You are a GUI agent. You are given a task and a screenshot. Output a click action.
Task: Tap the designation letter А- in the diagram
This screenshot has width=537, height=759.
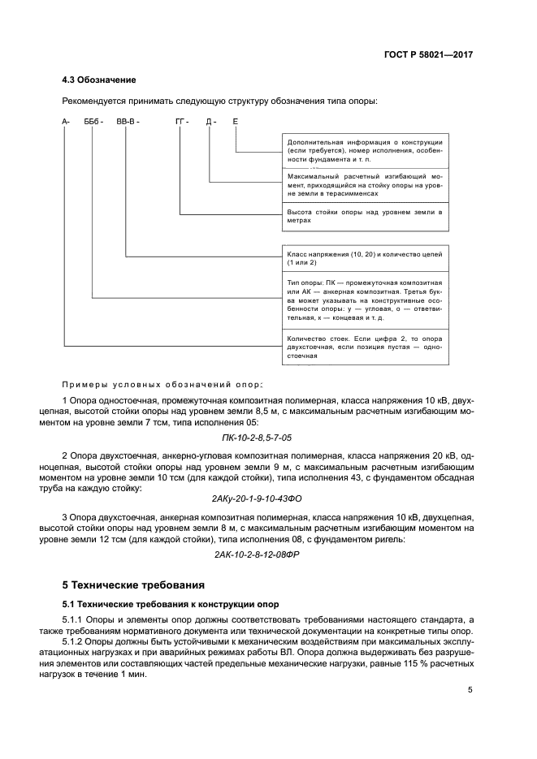[x=66, y=122]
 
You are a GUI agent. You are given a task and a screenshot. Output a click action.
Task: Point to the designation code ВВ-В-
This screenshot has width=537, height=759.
[x=128, y=122]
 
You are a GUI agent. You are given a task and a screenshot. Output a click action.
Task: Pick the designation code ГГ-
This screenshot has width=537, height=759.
[x=181, y=122]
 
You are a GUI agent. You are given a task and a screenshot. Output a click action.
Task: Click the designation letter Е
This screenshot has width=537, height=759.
[x=236, y=122]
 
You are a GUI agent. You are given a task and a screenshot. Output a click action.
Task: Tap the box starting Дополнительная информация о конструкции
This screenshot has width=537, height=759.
[x=364, y=151]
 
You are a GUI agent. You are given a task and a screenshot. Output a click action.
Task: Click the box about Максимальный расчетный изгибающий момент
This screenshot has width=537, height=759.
[x=364, y=185]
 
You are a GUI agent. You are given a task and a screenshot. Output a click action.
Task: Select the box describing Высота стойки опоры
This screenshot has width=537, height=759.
[x=364, y=216]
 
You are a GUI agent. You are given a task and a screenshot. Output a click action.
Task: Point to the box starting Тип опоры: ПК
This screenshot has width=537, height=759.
[x=364, y=298]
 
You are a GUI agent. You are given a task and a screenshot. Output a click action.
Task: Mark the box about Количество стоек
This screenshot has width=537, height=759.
[x=364, y=347]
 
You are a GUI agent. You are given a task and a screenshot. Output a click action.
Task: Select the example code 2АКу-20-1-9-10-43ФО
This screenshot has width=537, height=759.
[x=267, y=498]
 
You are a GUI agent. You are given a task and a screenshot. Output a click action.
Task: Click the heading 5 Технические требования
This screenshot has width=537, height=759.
[x=134, y=584]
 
